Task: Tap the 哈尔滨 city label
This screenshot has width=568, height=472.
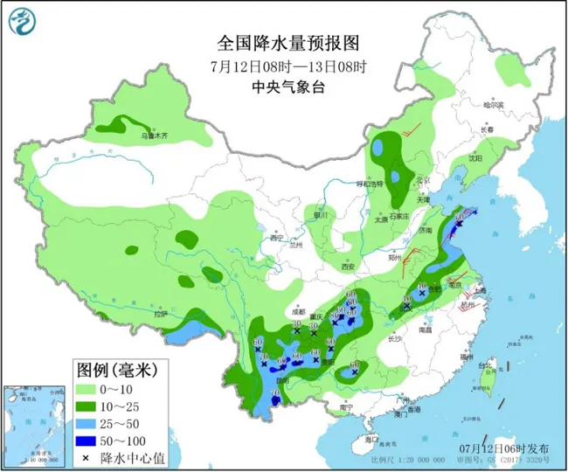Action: pos(495,104)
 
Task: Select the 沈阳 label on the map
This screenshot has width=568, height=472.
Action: pos(474,159)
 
